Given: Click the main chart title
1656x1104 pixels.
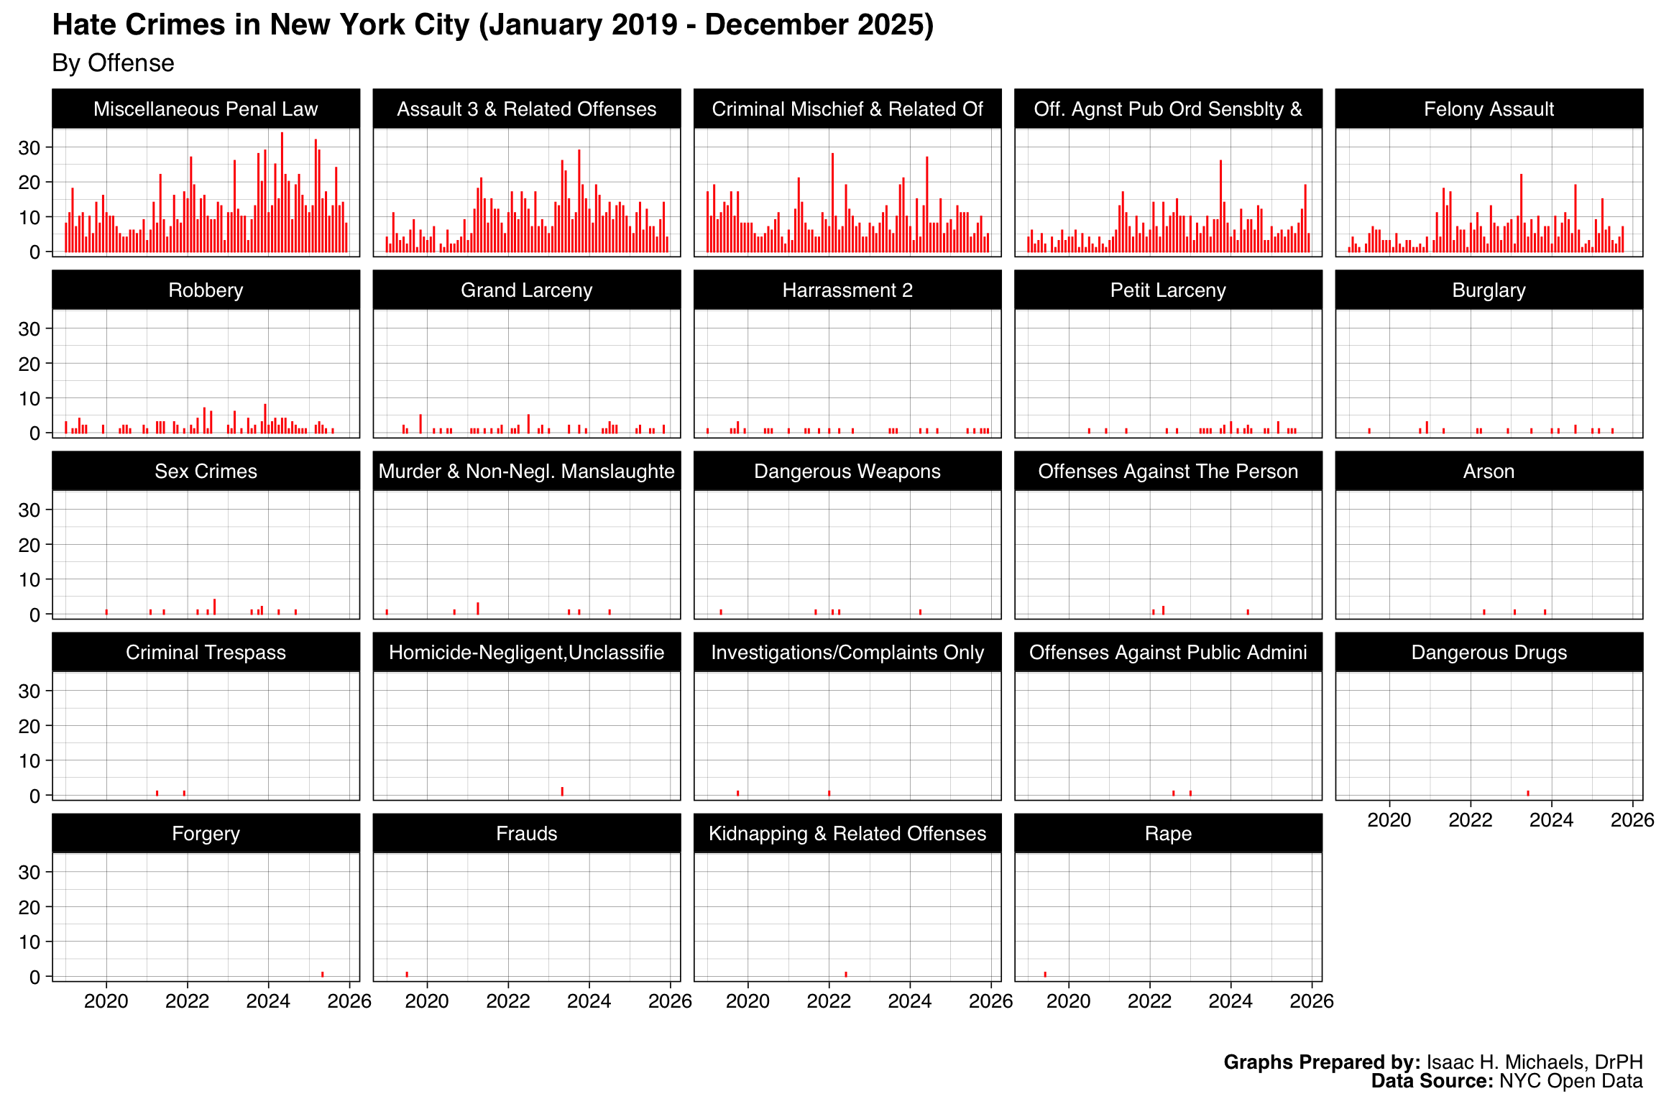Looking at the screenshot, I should pyautogui.click(x=493, y=25).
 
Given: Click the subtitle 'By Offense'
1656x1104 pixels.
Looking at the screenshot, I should pyautogui.click(x=113, y=63).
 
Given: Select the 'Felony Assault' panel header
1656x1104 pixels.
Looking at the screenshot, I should pyautogui.click(x=1489, y=109).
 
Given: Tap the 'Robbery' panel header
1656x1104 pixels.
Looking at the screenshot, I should pyautogui.click(x=206, y=290).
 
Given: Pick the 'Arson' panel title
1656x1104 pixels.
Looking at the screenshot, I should pyautogui.click(x=1489, y=471).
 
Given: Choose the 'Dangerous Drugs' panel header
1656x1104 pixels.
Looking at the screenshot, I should pyautogui.click(x=1489, y=653).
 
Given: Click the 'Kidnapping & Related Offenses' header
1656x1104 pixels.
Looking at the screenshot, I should pyautogui.click(x=847, y=834).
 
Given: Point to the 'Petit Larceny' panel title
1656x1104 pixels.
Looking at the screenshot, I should pyautogui.click(x=1168, y=290).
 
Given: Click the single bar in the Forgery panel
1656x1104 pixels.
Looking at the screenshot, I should pyautogui.click(x=322, y=974).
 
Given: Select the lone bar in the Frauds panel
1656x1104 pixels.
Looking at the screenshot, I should pyautogui.click(x=407, y=974).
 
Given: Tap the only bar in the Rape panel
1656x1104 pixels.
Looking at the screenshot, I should pyautogui.click(x=1045, y=974).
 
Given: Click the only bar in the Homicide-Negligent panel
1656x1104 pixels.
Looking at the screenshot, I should pyautogui.click(x=562, y=791).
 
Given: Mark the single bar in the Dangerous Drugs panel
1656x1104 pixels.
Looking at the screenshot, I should pyautogui.click(x=1528, y=793).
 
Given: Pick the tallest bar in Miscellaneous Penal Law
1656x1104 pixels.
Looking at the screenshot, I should pyautogui.click(x=282, y=192).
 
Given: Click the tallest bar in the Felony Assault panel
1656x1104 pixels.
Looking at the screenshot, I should pyautogui.click(x=1521, y=213).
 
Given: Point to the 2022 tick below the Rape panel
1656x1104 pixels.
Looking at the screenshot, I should pyautogui.click(x=1149, y=1000).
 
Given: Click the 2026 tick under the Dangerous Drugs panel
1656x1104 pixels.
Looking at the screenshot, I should pyautogui.click(x=1632, y=819).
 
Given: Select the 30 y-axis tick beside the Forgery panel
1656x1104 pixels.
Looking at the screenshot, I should pyautogui.click(x=29, y=872).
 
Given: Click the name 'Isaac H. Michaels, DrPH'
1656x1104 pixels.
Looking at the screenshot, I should pyautogui.click(x=1535, y=1062).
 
